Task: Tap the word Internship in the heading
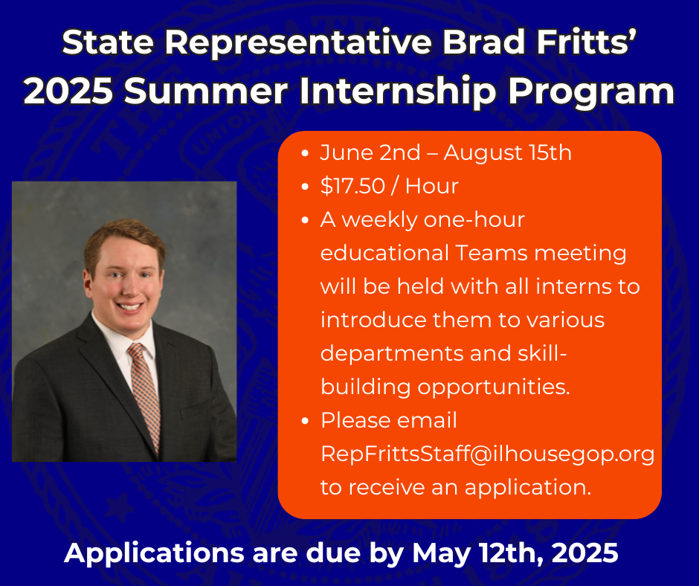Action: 398,91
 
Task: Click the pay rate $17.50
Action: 352,185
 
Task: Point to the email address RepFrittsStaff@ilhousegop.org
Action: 488,454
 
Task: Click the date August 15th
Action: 507,152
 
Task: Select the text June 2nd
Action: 370,152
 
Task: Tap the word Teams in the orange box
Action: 492,253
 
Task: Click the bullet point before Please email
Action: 305,421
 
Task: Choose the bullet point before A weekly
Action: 305,220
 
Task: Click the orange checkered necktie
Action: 144,395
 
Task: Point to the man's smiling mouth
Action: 129,307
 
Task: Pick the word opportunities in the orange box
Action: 494,387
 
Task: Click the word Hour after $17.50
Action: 431,185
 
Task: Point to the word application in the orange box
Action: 528,487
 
